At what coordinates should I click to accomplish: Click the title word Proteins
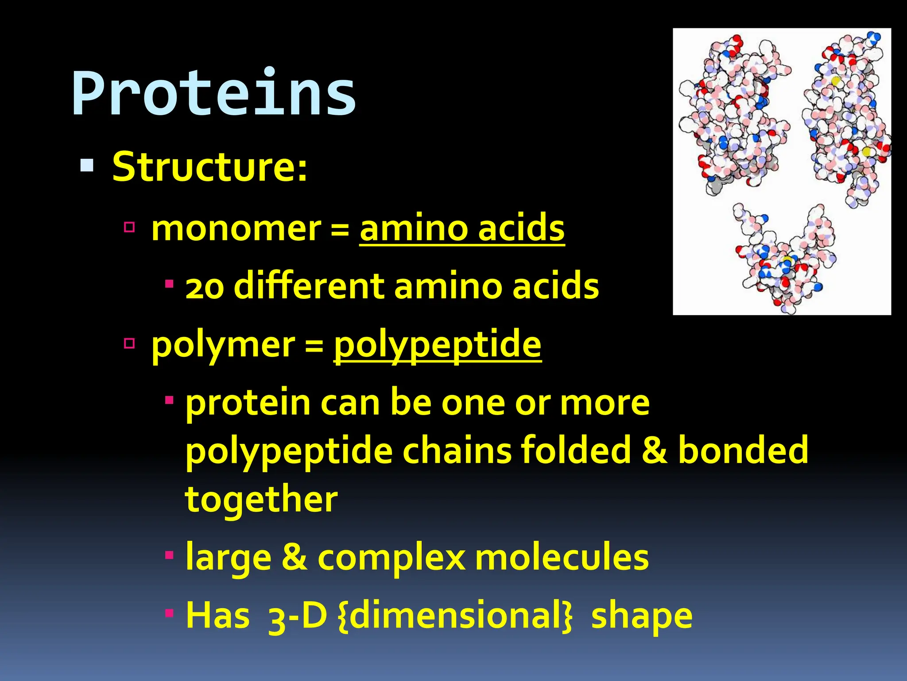[x=213, y=94]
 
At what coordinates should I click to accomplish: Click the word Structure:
[x=209, y=167]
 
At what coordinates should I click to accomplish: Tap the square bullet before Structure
[x=87, y=165]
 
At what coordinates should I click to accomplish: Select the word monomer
[x=236, y=229]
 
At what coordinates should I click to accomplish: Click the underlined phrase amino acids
[x=462, y=229]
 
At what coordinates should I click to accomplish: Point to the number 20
[x=205, y=287]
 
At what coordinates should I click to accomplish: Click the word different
[x=309, y=286]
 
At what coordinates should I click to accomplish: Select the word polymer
[x=223, y=345]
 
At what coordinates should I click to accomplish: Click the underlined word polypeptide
[x=437, y=345]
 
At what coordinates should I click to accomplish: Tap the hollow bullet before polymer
[x=129, y=343]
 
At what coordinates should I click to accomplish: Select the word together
[x=261, y=499]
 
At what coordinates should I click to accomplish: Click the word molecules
[x=562, y=557]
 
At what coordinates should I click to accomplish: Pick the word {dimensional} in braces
[x=455, y=616]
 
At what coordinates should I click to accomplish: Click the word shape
[x=642, y=616]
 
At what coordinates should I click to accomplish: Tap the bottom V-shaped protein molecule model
[x=784, y=262]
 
